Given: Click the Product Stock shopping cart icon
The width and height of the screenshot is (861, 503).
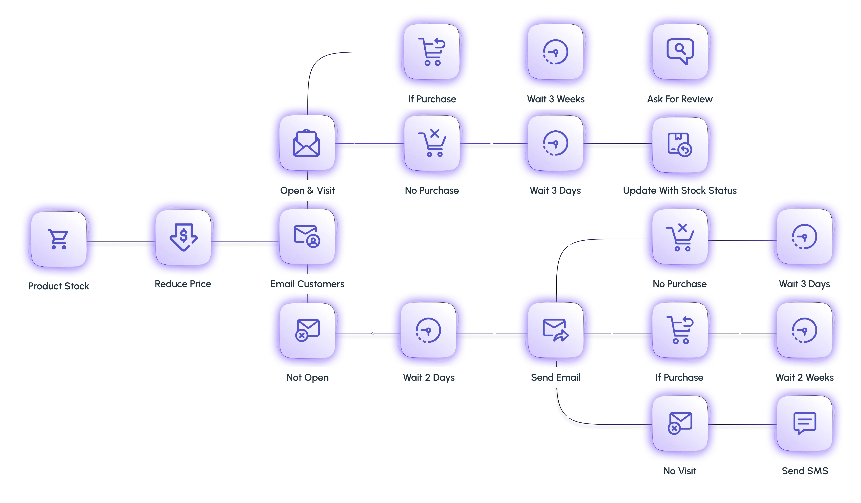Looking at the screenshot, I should tap(58, 239).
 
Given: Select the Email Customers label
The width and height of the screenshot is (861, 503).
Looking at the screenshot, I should tap(307, 284).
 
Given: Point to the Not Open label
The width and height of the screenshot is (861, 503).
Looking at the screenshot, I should tap(307, 378).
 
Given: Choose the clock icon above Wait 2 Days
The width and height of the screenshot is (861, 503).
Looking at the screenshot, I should tap(429, 330).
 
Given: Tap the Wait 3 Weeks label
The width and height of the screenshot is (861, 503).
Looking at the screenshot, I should tap(556, 99).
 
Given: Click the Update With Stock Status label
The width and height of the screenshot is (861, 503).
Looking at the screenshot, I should tap(680, 190).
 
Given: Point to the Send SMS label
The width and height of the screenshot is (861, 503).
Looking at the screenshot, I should tap(805, 471).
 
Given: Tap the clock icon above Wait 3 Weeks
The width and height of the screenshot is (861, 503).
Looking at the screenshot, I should tap(556, 52).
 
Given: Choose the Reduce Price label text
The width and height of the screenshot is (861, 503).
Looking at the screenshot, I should tap(183, 284).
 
